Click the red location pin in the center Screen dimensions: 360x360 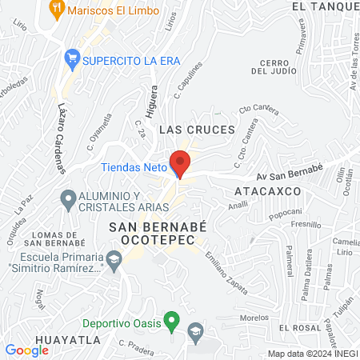pos(181,162)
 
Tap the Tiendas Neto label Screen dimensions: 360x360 pos(134,168)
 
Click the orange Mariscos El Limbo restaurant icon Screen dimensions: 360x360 pos(56,10)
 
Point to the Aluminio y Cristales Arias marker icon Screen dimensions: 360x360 pos(68,197)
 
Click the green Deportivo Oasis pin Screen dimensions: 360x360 pos(170,322)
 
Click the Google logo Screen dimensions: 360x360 pos(26,350)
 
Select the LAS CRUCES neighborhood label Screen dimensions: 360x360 pos(197,129)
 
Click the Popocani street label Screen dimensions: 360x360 pos(284,212)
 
